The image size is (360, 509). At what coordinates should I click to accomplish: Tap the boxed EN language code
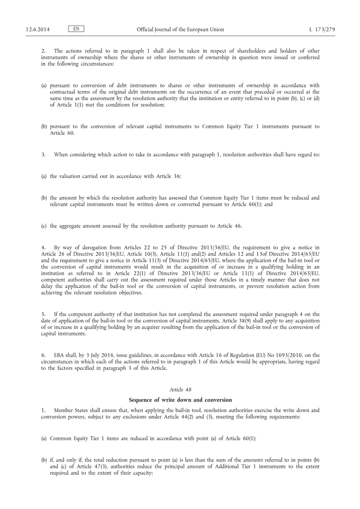76,29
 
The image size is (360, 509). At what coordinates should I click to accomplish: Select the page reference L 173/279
322,30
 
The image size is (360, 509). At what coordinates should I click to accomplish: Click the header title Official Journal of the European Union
180,30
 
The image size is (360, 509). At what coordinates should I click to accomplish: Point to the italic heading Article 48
180,390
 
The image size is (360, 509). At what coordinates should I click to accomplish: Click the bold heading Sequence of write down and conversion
180,400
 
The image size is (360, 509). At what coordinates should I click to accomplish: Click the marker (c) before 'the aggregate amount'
44,225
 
